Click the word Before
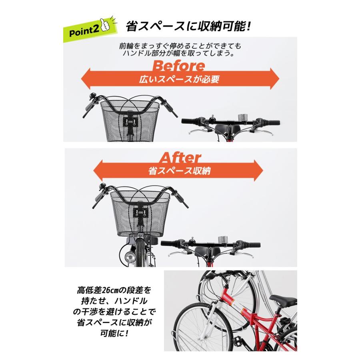coord(179,66)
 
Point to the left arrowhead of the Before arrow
coord(86,78)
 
